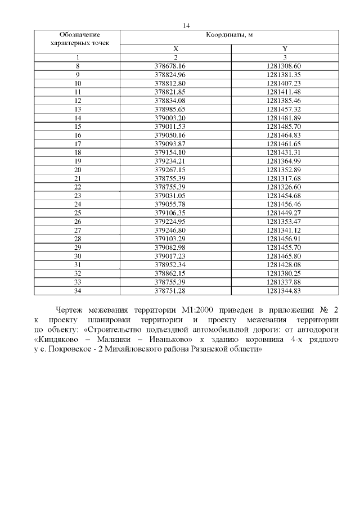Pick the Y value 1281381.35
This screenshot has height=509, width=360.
point(284,74)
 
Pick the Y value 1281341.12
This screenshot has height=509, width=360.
point(284,230)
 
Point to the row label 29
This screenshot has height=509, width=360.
point(78,247)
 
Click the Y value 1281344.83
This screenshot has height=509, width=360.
point(284,291)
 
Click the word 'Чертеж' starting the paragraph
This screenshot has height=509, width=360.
point(70,310)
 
